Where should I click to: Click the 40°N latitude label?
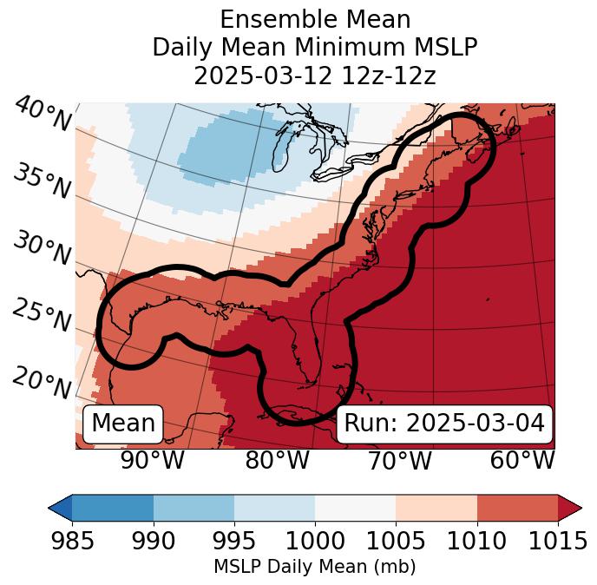click(43, 114)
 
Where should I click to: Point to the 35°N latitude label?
click(42, 181)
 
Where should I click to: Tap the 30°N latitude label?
click(42, 249)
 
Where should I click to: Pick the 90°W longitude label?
click(153, 460)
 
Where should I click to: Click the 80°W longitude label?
click(277, 460)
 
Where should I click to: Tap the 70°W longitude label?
click(399, 460)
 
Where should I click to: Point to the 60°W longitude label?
click(522, 460)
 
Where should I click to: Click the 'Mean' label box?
click(123, 424)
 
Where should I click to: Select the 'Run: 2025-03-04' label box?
click(444, 424)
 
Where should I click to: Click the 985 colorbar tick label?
click(72, 542)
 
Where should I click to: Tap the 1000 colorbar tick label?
click(315, 542)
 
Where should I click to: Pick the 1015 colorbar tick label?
click(557, 542)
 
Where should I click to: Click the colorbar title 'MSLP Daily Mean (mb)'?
click(314, 568)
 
